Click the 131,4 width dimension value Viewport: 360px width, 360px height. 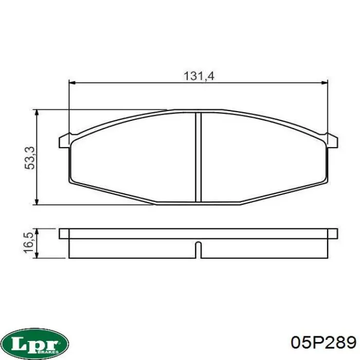[199, 76]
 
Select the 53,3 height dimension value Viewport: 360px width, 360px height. [30, 158]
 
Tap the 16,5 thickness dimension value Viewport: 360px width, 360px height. [29, 243]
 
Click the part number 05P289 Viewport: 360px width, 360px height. [323, 343]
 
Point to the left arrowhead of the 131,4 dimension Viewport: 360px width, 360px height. [73, 83]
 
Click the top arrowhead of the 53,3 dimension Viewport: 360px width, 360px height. [37, 113]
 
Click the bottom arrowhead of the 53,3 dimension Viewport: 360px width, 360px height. [37, 201]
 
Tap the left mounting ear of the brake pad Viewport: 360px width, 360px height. [65, 141]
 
